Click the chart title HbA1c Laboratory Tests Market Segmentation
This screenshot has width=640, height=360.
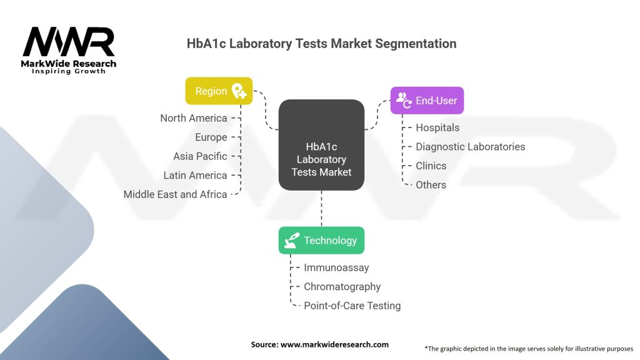[321, 44]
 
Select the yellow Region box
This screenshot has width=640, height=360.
[219, 91]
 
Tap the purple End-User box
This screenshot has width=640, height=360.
[427, 100]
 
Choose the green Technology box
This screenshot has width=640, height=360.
[321, 240]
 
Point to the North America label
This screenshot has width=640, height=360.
[193, 118]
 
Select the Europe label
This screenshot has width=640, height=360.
[211, 137]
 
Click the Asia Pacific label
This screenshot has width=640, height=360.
[200, 156]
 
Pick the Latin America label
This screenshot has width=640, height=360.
[195, 175]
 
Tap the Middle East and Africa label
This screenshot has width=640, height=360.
[175, 194]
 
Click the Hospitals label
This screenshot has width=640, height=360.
[437, 127]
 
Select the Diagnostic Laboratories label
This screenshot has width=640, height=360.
[470, 147]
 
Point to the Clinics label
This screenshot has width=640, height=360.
[431, 166]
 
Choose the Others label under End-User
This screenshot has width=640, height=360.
[431, 185]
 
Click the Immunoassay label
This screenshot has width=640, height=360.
[336, 267]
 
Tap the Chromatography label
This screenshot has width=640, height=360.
[342, 287]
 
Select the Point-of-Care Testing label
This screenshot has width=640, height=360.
[352, 306]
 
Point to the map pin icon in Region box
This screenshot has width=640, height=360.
[239, 92]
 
